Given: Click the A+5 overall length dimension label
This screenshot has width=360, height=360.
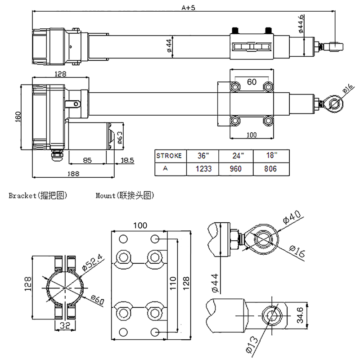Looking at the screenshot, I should (185, 7).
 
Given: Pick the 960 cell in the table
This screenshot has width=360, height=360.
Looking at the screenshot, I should (235, 169).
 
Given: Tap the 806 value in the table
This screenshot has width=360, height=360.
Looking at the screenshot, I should (270, 169).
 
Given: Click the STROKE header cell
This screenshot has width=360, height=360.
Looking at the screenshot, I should (169, 156).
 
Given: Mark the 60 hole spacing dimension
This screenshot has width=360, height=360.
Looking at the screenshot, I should (252, 82).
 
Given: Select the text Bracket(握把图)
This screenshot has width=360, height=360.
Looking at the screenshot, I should (38, 196).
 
